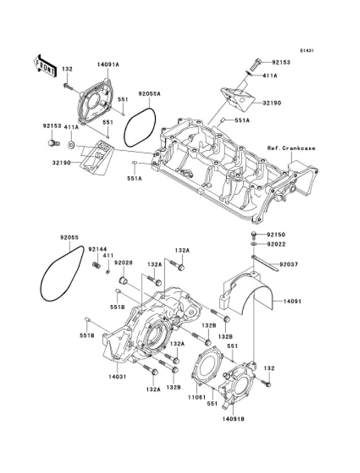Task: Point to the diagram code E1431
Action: (306, 50)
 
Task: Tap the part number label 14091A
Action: (108, 65)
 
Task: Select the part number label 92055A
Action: (150, 95)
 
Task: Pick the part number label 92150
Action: (276, 234)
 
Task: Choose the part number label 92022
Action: (276, 244)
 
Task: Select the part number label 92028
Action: (122, 263)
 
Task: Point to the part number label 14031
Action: (116, 376)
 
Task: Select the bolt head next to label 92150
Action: (254, 234)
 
